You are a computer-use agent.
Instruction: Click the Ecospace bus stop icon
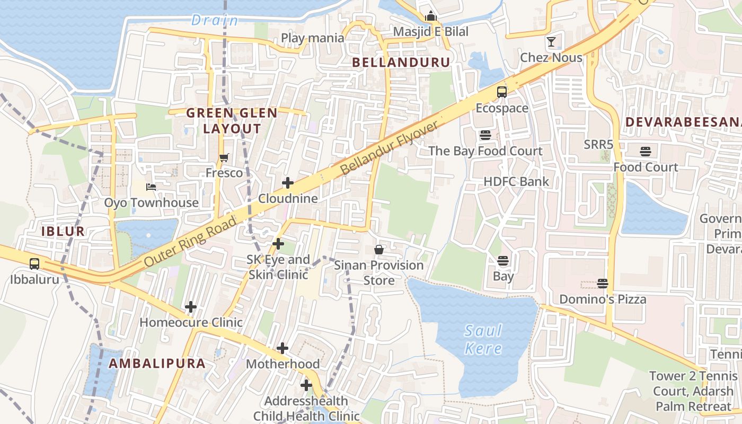point(501,92)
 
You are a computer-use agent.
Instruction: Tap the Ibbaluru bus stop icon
point(34,263)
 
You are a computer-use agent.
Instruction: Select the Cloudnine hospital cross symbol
point(288,183)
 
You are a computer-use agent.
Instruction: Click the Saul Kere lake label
point(483,340)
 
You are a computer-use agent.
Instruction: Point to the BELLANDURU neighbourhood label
point(401,62)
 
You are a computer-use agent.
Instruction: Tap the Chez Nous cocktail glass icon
point(551,41)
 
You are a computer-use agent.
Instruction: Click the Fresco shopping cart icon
point(224,157)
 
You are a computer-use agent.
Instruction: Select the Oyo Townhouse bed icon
point(151,187)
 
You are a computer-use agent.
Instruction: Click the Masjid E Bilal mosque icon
point(430,16)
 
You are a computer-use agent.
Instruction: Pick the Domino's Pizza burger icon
point(602,283)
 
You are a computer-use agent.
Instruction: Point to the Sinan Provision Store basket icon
point(379,249)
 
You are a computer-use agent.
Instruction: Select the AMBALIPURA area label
point(157,363)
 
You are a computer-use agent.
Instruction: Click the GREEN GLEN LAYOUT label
point(232,120)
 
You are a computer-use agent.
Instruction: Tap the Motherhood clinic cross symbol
point(282,348)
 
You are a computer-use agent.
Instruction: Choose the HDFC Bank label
point(516,182)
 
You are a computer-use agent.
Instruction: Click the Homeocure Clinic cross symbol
point(191,306)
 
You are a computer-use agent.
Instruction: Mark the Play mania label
point(312,38)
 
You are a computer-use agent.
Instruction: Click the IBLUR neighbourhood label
point(63,231)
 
